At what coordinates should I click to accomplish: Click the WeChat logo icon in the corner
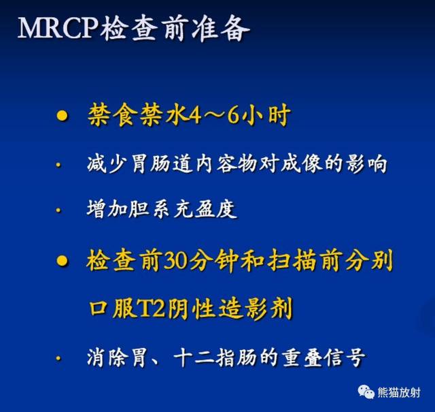368,392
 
